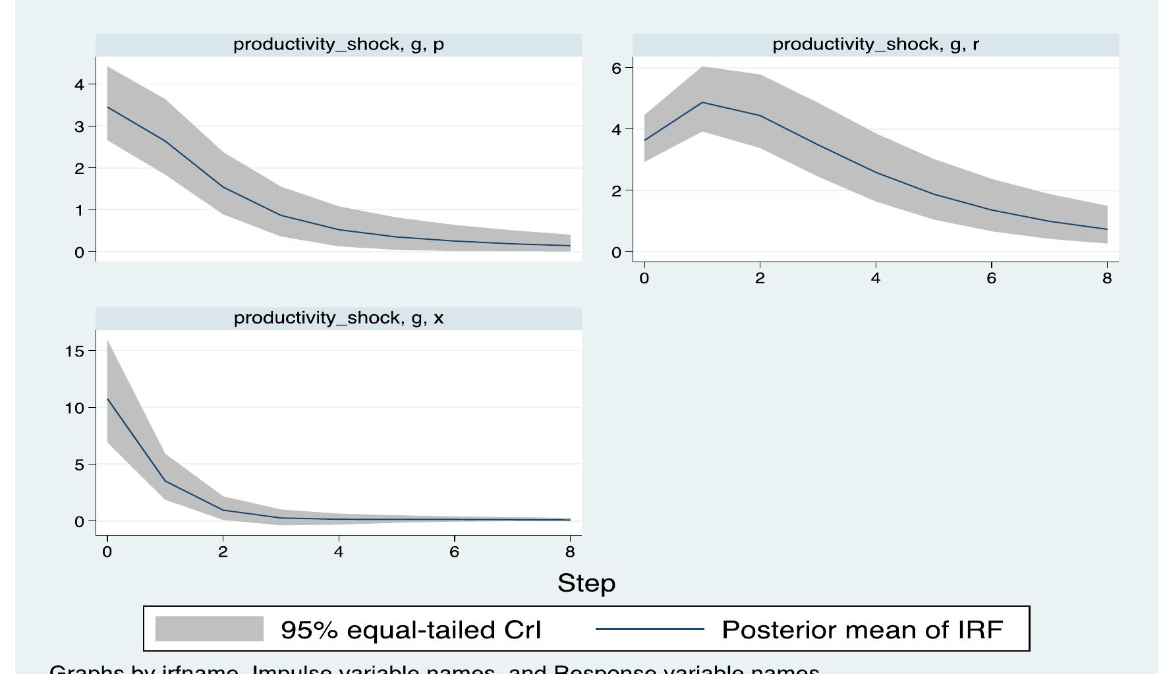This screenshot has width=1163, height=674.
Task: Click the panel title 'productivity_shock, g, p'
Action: (338, 45)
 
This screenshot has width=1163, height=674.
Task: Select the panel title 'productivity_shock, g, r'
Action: (875, 45)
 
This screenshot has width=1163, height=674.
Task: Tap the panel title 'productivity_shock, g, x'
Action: (338, 318)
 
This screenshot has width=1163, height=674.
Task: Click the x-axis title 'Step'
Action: (586, 583)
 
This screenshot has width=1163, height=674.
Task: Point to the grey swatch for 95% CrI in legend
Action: (209, 629)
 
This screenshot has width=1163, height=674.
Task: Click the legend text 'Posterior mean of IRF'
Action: (862, 629)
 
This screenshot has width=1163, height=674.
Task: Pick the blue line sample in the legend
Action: (649, 629)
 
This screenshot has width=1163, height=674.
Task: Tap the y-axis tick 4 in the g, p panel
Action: (79, 84)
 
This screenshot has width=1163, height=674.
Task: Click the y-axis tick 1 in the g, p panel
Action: (79, 210)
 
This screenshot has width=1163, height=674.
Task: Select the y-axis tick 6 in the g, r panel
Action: (617, 68)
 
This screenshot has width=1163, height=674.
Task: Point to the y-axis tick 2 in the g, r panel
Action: (617, 190)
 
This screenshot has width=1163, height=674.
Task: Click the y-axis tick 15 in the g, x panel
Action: (75, 351)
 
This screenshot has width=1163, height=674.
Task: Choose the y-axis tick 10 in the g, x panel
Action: (75, 408)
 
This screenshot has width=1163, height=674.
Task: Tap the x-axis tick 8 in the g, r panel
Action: (1106, 279)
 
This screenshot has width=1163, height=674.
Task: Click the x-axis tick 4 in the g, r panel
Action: (875, 279)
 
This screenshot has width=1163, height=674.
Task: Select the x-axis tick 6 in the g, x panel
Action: (454, 552)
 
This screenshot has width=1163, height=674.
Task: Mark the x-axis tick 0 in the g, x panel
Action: (107, 552)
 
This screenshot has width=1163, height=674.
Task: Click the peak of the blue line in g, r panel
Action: (702, 103)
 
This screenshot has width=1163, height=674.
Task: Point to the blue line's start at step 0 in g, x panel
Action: (107, 399)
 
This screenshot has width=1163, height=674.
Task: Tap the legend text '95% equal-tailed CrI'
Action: (411, 629)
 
